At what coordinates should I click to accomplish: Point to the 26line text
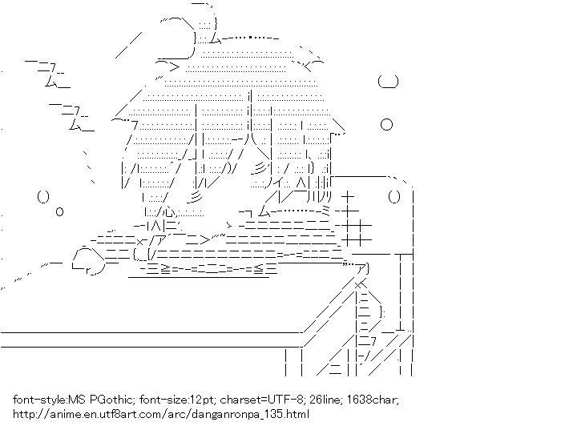click(x=325, y=399)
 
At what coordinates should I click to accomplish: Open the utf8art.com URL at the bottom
click(x=161, y=414)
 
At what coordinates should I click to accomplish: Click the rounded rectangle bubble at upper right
click(x=388, y=82)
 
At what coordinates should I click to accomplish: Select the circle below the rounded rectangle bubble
click(x=386, y=124)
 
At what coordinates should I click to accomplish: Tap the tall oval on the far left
click(x=43, y=197)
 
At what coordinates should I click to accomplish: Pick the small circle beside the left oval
click(x=60, y=211)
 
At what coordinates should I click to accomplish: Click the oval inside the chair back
click(x=394, y=197)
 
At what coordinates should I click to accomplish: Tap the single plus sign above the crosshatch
click(x=348, y=197)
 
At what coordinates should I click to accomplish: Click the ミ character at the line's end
click(x=327, y=211)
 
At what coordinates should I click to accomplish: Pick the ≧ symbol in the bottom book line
click(x=166, y=269)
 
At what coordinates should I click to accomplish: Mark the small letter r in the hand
click(x=88, y=271)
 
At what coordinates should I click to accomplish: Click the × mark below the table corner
click(x=358, y=285)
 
